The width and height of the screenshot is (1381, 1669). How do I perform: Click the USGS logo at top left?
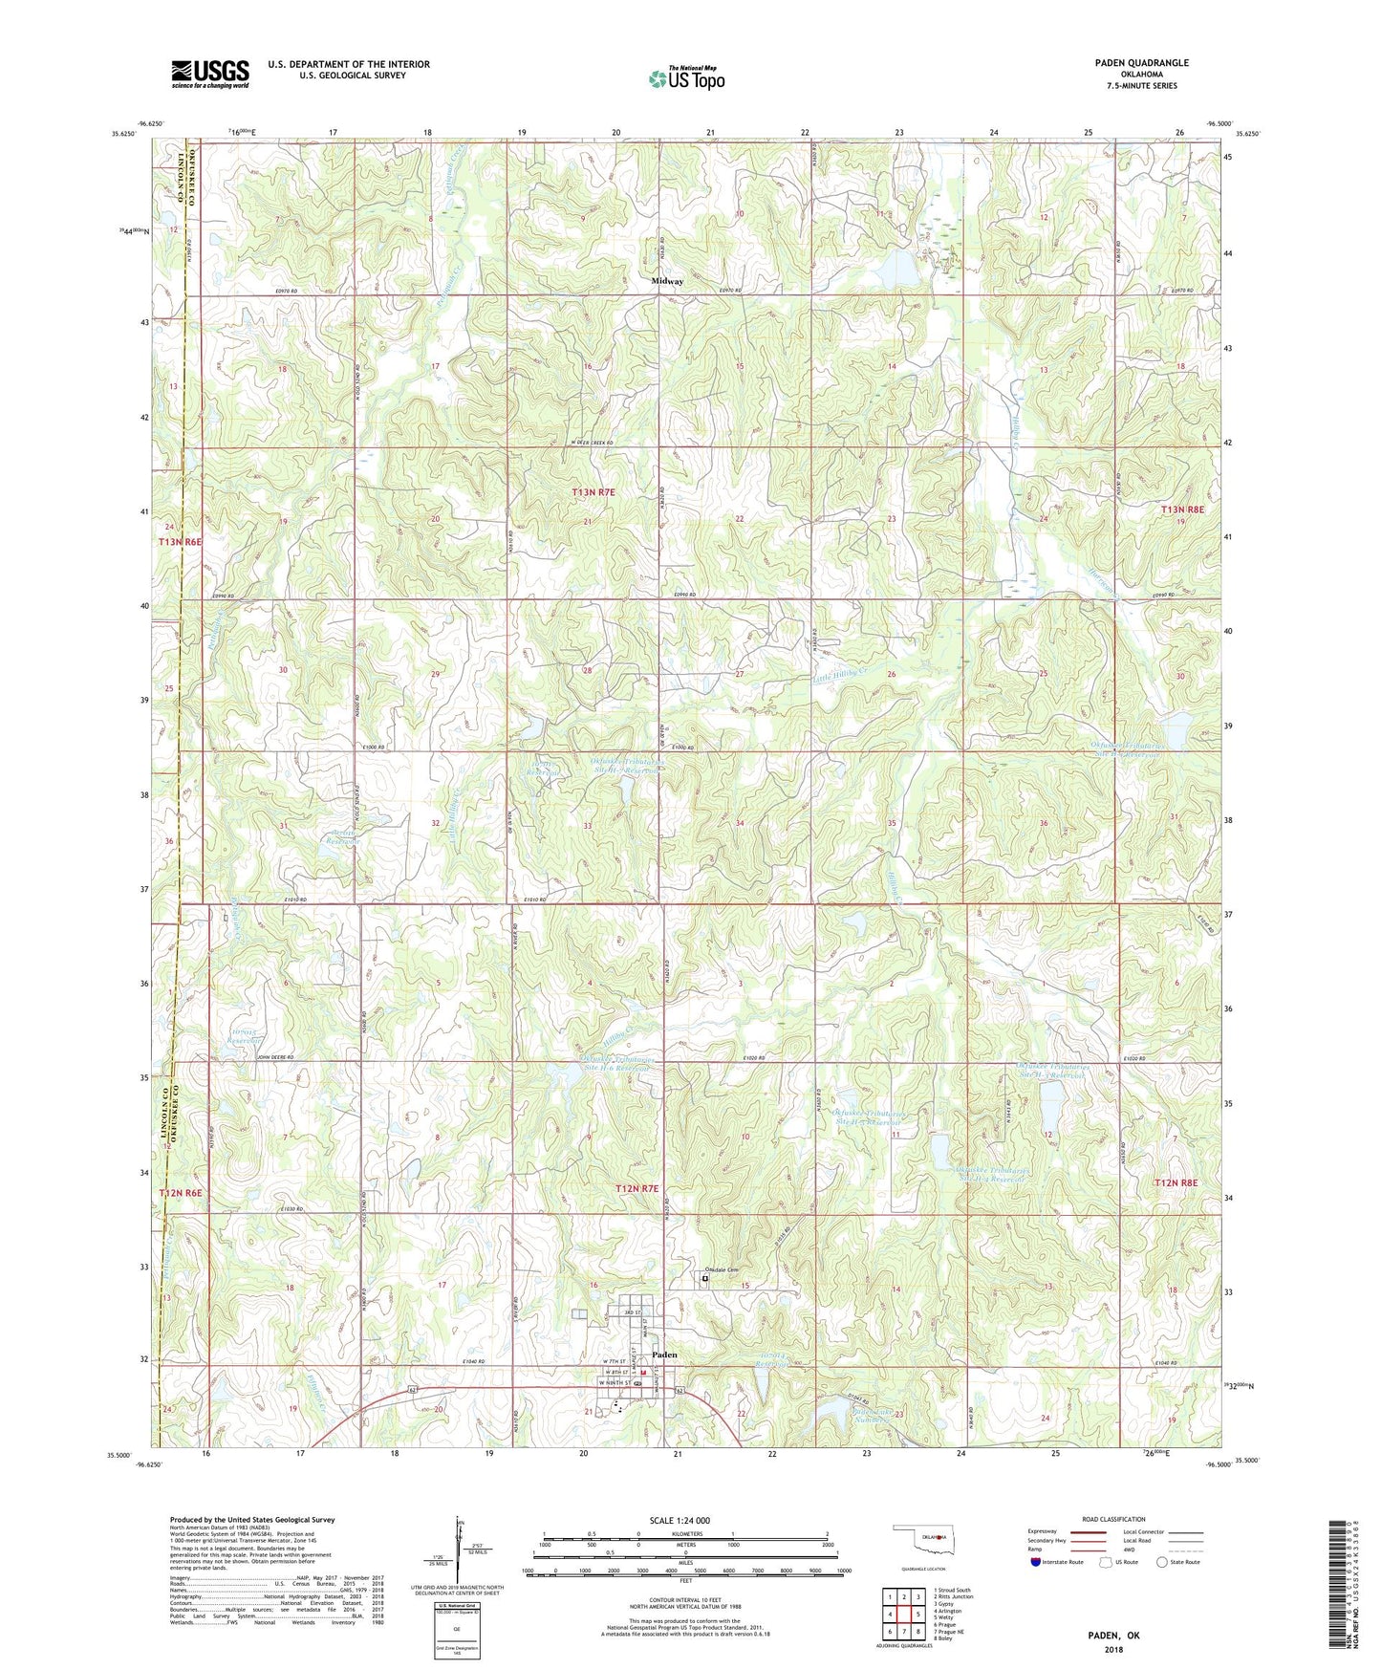pyautogui.click(x=210, y=73)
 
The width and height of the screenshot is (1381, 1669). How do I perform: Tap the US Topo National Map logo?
pyautogui.click(x=686, y=78)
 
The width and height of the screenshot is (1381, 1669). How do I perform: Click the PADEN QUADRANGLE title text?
pyautogui.click(x=1141, y=63)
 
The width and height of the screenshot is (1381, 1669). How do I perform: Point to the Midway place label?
pyautogui.click(x=667, y=282)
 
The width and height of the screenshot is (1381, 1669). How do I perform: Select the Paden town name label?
pyautogui.click(x=664, y=1355)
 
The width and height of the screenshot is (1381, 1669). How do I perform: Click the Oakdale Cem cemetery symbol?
pyautogui.click(x=705, y=1277)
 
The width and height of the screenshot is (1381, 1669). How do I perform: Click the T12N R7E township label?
pyautogui.click(x=637, y=1188)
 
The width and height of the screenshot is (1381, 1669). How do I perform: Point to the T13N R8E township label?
pyautogui.click(x=1185, y=510)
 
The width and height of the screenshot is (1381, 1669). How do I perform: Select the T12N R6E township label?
pyautogui.click(x=181, y=1194)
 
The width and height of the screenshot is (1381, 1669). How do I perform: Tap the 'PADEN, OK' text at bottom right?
pyautogui.click(x=1112, y=1636)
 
